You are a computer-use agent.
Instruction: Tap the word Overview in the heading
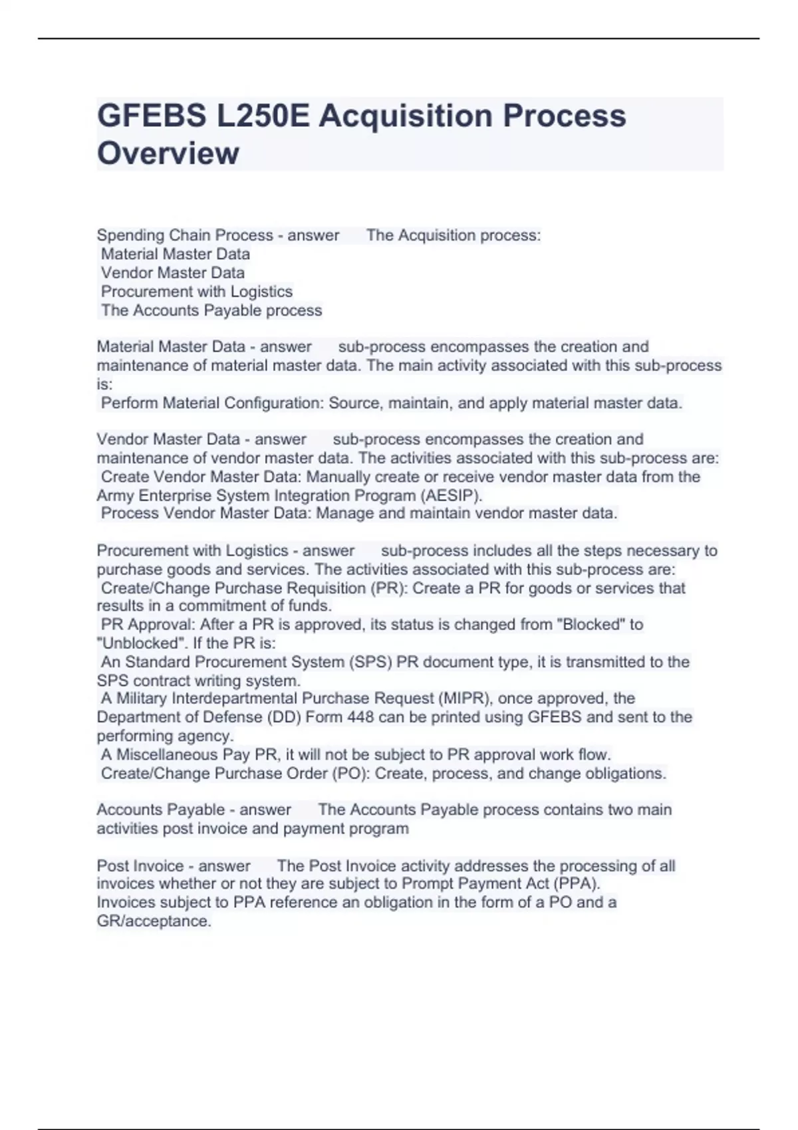[168, 153]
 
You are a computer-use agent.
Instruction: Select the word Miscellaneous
[168, 754]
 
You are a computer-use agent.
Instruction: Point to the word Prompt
[427, 884]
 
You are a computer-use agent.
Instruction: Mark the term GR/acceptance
[154, 921]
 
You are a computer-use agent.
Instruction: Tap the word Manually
[338, 477]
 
